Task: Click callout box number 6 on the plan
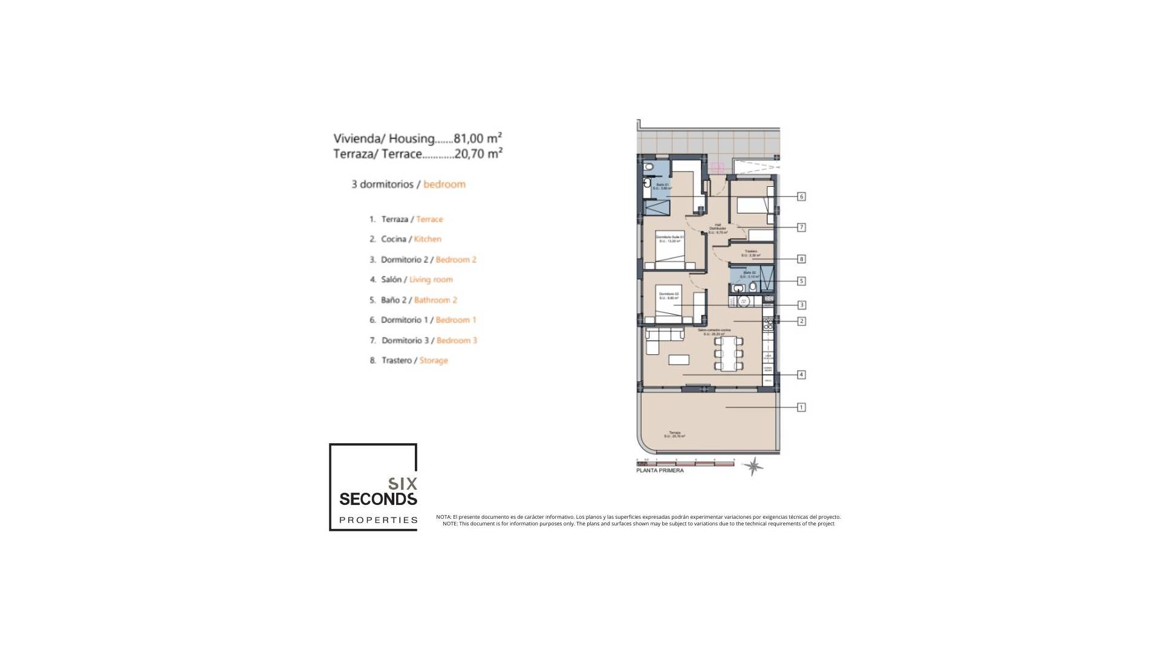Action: pyautogui.click(x=801, y=197)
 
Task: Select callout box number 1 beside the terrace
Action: pyautogui.click(x=801, y=408)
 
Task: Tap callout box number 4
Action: pyautogui.click(x=801, y=375)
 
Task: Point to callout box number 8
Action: pyautogui.click(x=801, y=259)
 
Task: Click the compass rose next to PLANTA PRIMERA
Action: pyautogui.click(x=753, y=466)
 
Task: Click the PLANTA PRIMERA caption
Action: pyautogui.click(x=660, y=470)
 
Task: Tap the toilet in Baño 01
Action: pyautogui.click(x=648, y=166)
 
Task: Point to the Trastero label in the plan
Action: pyautogui.click(x=750, y=252)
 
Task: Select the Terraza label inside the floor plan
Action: pyautogui.click(x=675, y=433)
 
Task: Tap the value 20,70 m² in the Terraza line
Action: pyautogui.click(x=478, y=154)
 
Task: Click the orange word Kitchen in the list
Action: pyautogui.click(x=428, y=239)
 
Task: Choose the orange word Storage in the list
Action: pyautogui.click(x=434, y=360)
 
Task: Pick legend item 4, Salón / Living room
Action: pyautogui.click(x=411, y=279)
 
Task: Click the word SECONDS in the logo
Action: pyautogui.click(x=378, y=499)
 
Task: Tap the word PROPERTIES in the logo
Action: pyautogui.click(x=378, y=520)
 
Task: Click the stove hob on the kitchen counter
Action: pyautogui.click(x=769, y=325)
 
